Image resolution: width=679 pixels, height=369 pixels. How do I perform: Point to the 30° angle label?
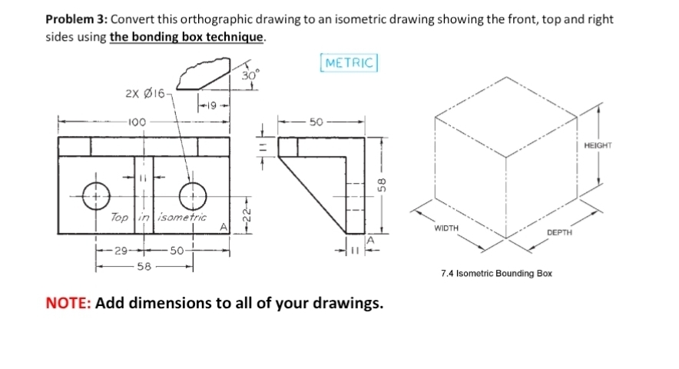tap(249, 75)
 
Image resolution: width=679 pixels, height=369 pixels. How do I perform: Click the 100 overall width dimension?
tap(137, 121)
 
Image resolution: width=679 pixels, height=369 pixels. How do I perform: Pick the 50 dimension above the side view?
tap(316, 121)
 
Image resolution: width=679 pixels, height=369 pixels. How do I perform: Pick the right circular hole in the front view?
tap(192, 195)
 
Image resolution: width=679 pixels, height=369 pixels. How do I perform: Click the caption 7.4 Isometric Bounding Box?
tap(496, 273)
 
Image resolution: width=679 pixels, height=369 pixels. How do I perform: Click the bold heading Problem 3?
tap(77, 19)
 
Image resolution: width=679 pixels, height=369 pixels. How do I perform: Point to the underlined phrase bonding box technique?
tap(187, 36)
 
